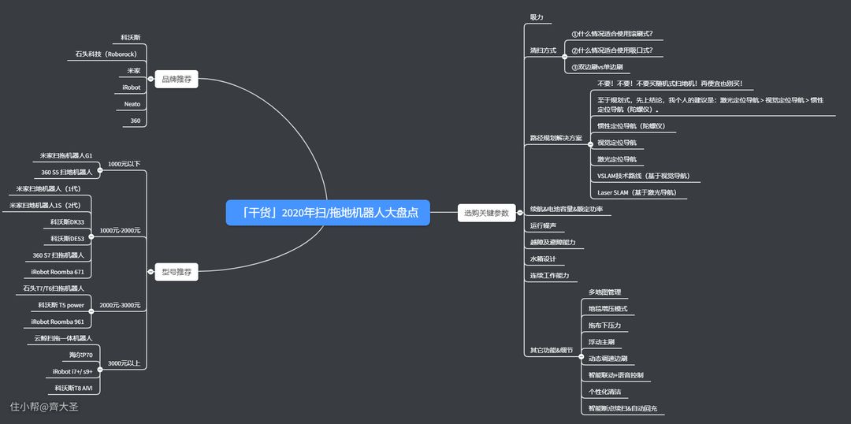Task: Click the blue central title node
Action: pyautogui.click(x=328, y=212)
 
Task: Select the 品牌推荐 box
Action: pyautogui.click(x=176, y=79)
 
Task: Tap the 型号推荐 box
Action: pyautogui.click(x=176, y=272)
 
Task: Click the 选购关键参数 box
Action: pyautogui.click(x=486, y=212)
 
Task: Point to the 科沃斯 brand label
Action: pyautogui.click(x=131, y=37)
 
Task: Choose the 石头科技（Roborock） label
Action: pyautogui.click(x=106, y=54)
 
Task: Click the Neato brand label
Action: pyautogui.click(x=132, y=104)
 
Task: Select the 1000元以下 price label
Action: pyautogui.click(x=124, y=164)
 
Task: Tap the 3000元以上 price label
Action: pyautogui.click(x=124, y=363)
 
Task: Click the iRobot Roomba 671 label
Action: pyautogui.click(x=58, y=272)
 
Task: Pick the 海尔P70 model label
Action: pyautogui.click(x=80, y=355)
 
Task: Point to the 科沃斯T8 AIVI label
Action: pyautogui.click(x=73, y=388)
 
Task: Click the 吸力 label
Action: pyautogui.click(x=537, y=17)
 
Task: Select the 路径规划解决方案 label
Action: pyautogui.click(x=556, y=138)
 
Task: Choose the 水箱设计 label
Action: pyautogui.click(x=543, y=259)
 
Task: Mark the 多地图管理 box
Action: pyautogui.click(x=604, y=292)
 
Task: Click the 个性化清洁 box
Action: pyautogui.click(x=604, y=392)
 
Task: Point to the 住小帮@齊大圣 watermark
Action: pyautogui.click(x=44, y=407)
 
